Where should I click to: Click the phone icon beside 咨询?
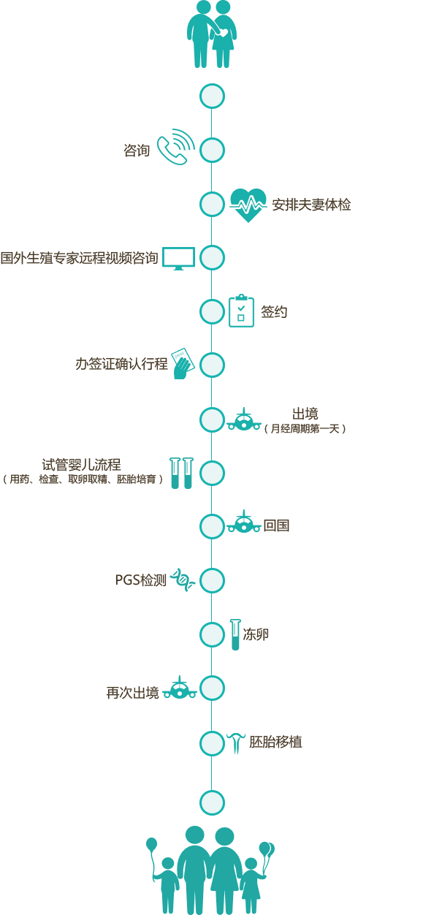[x=176, y=147]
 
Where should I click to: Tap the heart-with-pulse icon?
[x=248, y=205]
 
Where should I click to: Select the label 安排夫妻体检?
[x=311, y=205]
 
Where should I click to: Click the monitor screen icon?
[x=178, y=258]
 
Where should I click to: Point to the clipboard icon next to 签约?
[x=241, y=311]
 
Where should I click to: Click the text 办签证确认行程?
[x=121, y=363]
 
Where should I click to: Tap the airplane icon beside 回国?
[x=244, y=521]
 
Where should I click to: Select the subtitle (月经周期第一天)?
[x=305, y=428]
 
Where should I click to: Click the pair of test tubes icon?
[x=181, y=473]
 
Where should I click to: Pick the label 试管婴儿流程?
[x=82, y=465]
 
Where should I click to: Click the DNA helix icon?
[x=182, y=580]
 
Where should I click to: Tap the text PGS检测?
[x=141, y=580]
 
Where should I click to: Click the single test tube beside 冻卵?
[x=235, y=634]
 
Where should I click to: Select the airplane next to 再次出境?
[x=180, y=687]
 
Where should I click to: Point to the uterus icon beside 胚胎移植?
[x=235, y=743]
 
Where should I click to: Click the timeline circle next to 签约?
[x=212, y=311]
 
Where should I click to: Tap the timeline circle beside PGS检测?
[x=212, y=580]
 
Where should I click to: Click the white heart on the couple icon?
[x=224, y=32]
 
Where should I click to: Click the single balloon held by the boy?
[x=151, y=844]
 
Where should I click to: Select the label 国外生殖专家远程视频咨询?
[x=79, y=258]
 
